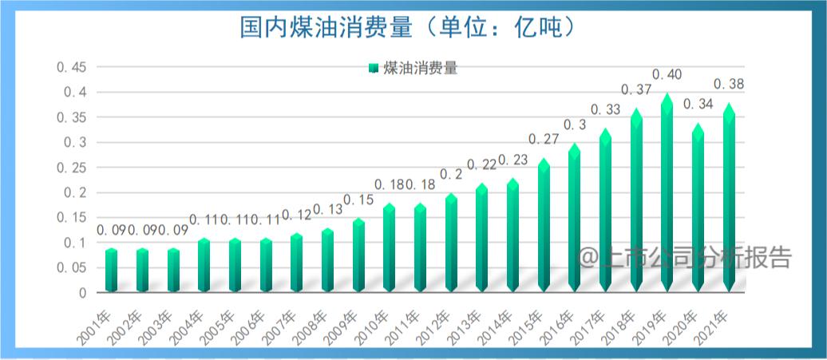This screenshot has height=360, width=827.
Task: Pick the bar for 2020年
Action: click(x=698, y=209)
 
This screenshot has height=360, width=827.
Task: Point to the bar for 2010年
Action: click(x=390, y=248)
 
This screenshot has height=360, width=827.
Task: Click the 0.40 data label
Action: click(x=667, y=75)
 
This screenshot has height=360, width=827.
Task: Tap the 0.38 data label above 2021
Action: click(x=729, y=84)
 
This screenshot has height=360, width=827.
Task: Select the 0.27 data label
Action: click(x=544, y=139)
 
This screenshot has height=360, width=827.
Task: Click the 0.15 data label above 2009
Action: click(x=359, y=199)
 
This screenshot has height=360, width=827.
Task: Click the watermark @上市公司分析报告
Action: click(x=685, y=258)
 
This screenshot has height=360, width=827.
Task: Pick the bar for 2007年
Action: click(x=297, y=263)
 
